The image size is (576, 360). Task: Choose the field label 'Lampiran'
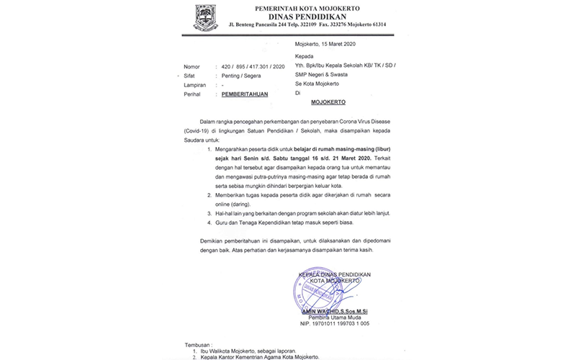(195, 84)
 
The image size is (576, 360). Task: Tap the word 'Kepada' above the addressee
(305, 55)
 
